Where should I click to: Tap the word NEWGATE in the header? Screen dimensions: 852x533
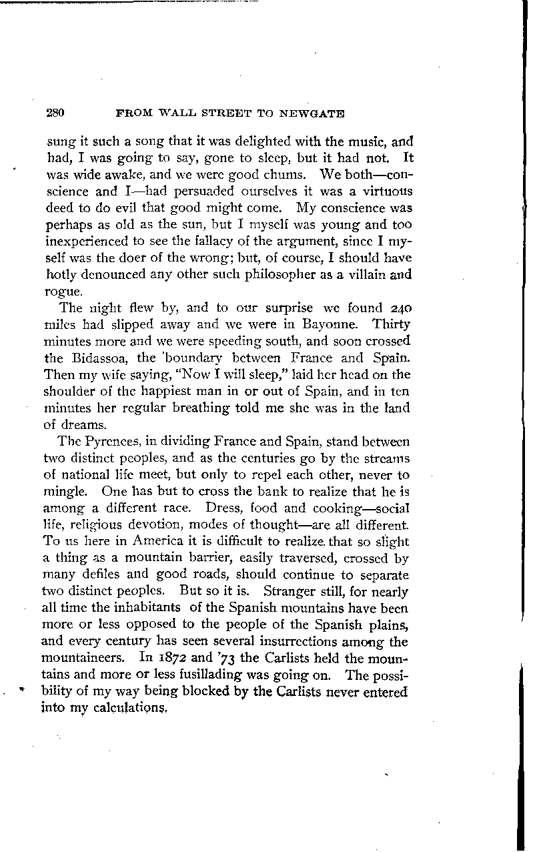(x=319, y=113)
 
